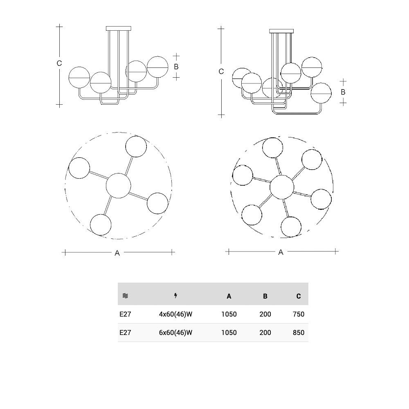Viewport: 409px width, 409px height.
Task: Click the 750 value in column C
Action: (299, 314)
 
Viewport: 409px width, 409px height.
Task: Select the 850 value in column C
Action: (299, 333)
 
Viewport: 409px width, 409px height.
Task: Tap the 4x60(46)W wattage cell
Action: (175, 314)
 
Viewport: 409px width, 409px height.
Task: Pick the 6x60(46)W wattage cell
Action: (175, 333)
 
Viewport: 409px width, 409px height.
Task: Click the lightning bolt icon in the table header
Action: (176, 296)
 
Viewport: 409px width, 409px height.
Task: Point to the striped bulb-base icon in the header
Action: (126, 296)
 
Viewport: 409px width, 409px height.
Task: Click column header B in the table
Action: (265, 296)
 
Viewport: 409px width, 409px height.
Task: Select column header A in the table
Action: (229, 296)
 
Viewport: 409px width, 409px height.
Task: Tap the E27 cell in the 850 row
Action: (125, 333)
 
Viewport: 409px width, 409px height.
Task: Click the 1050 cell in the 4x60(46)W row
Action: (229, 314)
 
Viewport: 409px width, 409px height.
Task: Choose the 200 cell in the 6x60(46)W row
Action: (265, 333)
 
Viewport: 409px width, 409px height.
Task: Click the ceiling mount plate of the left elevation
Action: (119, 29)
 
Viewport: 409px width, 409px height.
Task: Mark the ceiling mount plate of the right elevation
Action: (281, 31)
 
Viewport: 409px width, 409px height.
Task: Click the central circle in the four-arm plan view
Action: (119, 185)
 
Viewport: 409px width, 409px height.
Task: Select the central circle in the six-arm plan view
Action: (282, 187)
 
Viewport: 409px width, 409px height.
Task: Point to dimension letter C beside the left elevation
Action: (59, 63)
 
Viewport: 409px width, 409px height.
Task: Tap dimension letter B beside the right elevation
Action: (343, 92)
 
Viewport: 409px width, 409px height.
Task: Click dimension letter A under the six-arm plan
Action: (281, 252)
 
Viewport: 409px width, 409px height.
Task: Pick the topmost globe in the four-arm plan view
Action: (136, 146)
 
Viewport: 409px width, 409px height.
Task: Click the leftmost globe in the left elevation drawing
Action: (79, 77)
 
